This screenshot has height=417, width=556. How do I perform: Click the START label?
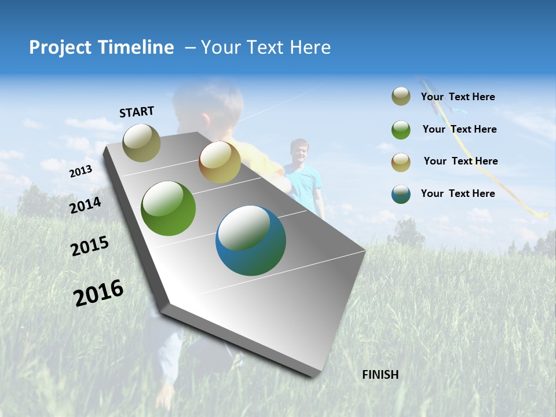click(x=137, y=112)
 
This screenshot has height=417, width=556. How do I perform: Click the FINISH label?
click(x=380, y=375)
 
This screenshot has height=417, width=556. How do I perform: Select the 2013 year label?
click(x=81, y=171)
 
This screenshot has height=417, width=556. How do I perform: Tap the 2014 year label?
click(x=85, y=205)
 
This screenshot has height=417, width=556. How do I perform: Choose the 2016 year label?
click(x=98, y=292)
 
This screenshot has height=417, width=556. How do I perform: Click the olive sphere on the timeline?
click(x=141, y=142)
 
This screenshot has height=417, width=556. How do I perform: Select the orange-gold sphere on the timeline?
click(x=220, y=162)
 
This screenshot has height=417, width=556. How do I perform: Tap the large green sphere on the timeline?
click(x=168, y=209)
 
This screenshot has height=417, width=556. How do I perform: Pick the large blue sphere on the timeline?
click(x=250, y=240)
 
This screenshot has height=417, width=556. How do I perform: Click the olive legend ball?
click(x=401, y=97)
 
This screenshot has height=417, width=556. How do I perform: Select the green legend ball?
click(x=401, y=130)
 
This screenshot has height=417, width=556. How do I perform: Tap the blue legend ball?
click(x=401, y=194)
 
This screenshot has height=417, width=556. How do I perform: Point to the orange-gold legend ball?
click(x=401, y=162)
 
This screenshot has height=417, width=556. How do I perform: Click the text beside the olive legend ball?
click(x=458, y=97)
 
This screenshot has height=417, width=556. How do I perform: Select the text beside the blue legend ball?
click(x=458, y=193)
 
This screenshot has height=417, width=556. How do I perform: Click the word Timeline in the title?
click(x=136, y=47)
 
